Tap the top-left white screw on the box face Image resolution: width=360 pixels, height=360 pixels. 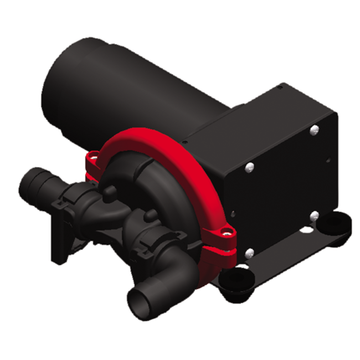(x=250, y=165)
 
